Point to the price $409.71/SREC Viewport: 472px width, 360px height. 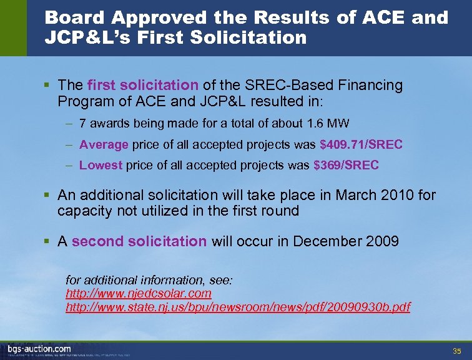coord(361,145)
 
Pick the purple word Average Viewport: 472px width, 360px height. coord(104,145)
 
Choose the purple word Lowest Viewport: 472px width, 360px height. coord(101,166)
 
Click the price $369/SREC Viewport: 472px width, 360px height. coord(346,166)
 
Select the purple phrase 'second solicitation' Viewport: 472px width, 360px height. coord(139,241)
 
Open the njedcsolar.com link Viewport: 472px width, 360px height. coord(139,293)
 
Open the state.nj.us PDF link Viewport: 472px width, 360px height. coord(238,307)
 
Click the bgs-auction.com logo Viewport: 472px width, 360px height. coord(39,349)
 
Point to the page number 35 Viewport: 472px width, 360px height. coord(456,350)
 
